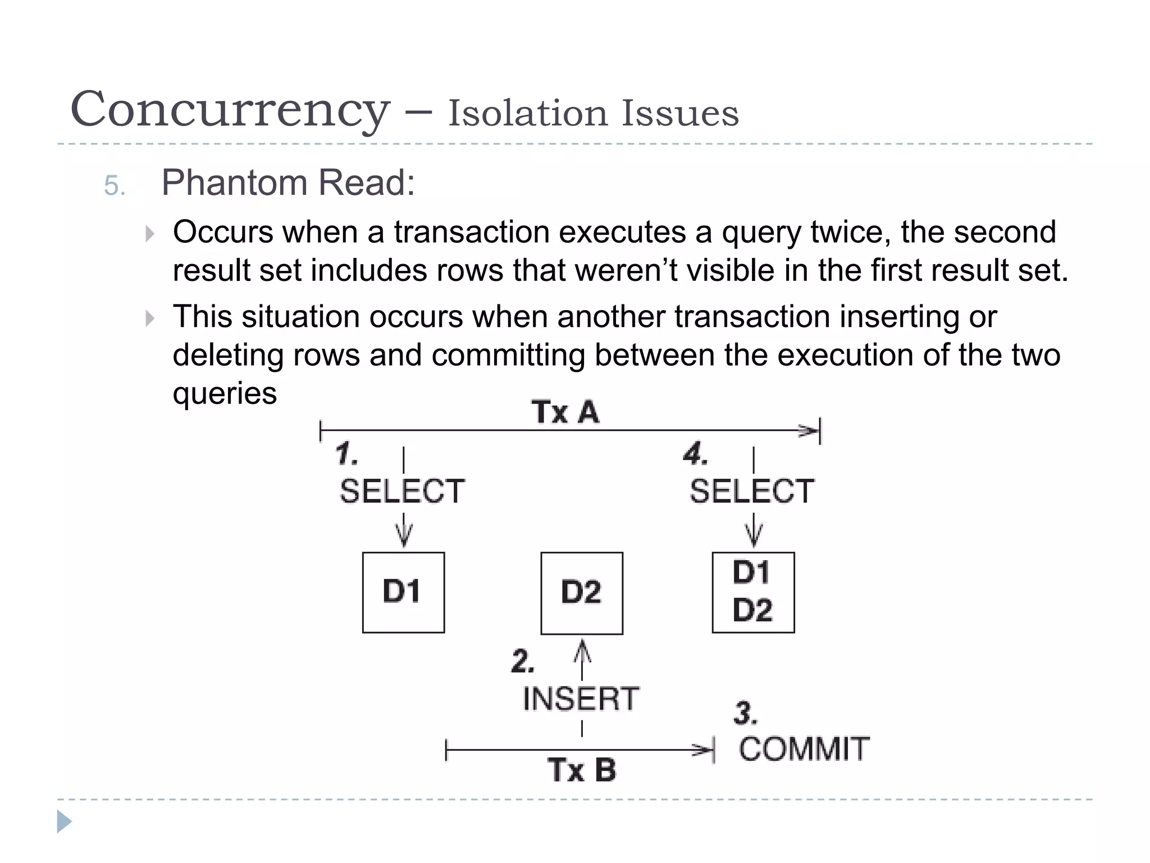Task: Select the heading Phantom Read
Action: tap(288, 183)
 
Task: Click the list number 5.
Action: tap(115, 185)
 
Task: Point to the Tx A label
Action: tap(565, 412)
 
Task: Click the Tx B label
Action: tap(582, 770)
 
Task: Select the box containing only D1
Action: tap(403, 592)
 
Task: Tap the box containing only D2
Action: tap(582, 593)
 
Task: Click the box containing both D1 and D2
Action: tap(753, 592)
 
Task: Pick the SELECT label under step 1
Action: tap(402, 491)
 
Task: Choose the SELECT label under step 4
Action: tap(752, 491)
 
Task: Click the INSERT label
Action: tap(581, 699)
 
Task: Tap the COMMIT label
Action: tap(804, 749)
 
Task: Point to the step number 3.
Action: tap(745, 714)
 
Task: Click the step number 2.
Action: tap(522, 661)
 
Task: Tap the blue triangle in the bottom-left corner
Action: tap(64, 821)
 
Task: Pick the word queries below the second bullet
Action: tap(225, 393)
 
